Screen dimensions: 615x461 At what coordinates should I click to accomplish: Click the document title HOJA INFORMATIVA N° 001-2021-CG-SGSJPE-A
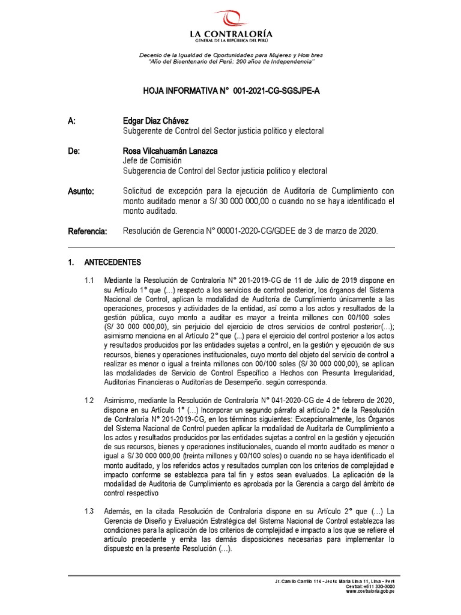click(x=231, y=91)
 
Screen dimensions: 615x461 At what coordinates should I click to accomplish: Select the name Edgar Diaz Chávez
click(x=155, y=121)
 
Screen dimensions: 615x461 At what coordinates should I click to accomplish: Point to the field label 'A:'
click(x=71, y=121)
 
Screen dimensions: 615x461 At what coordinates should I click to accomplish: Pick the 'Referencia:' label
click(x=87, y=231)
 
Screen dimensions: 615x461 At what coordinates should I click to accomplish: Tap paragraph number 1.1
click(x=89, y=280)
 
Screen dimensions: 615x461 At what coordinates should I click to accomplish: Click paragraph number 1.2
click(x=89, y=400)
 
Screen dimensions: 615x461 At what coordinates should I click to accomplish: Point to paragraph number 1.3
click(x=89, y=510)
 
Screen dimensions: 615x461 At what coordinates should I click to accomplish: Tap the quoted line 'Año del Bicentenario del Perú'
click(x=230, y=62)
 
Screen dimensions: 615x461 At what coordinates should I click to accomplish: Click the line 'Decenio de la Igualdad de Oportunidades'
click(x=230, y=55)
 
